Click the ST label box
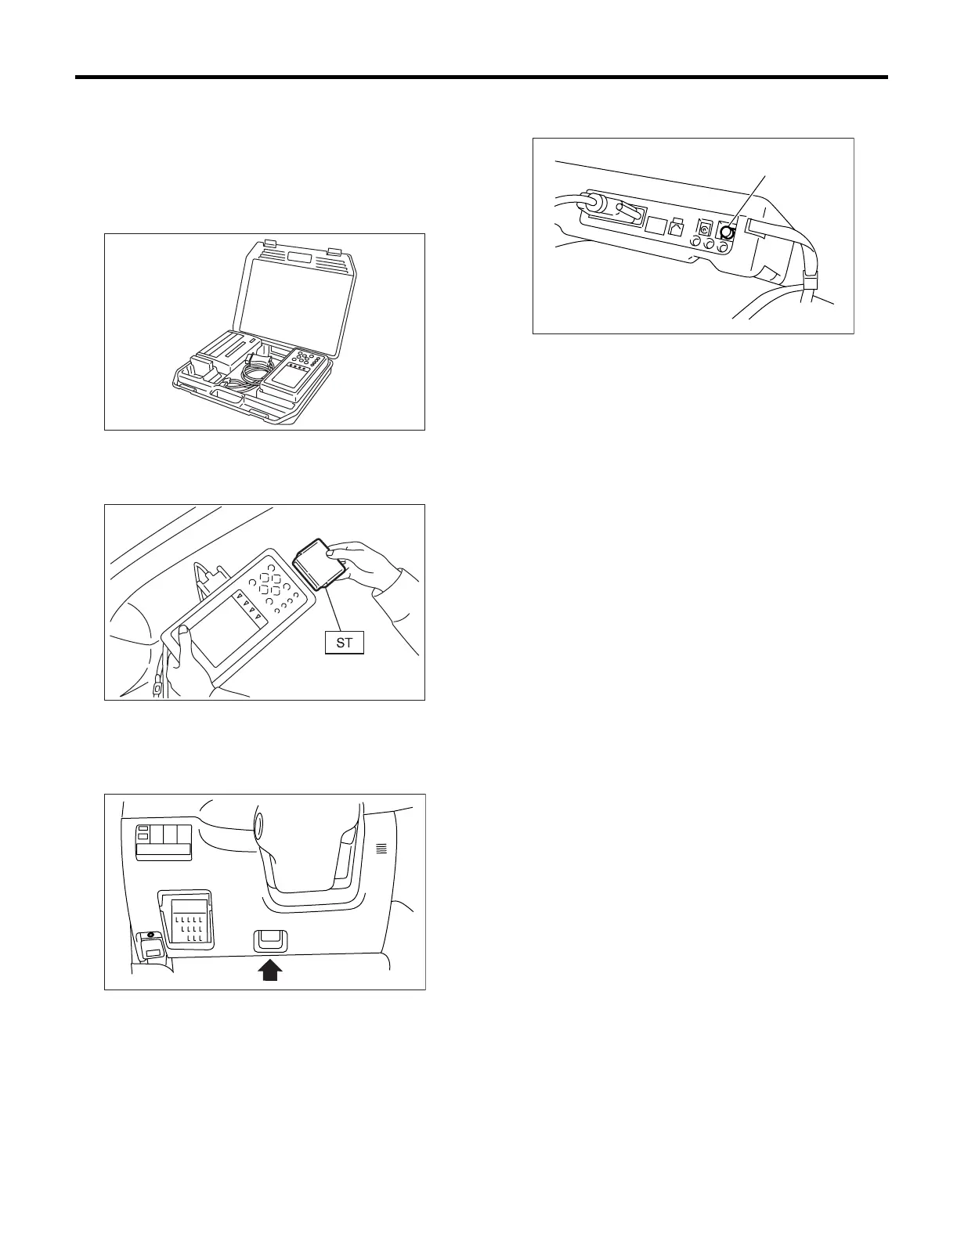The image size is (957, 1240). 345,643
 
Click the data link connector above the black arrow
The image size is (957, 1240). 269,940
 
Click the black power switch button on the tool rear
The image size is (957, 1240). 727,232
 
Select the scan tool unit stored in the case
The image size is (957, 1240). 294,375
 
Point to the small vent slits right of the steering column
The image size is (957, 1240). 381,848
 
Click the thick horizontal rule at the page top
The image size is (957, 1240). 481,77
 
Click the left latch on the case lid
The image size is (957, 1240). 270,243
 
